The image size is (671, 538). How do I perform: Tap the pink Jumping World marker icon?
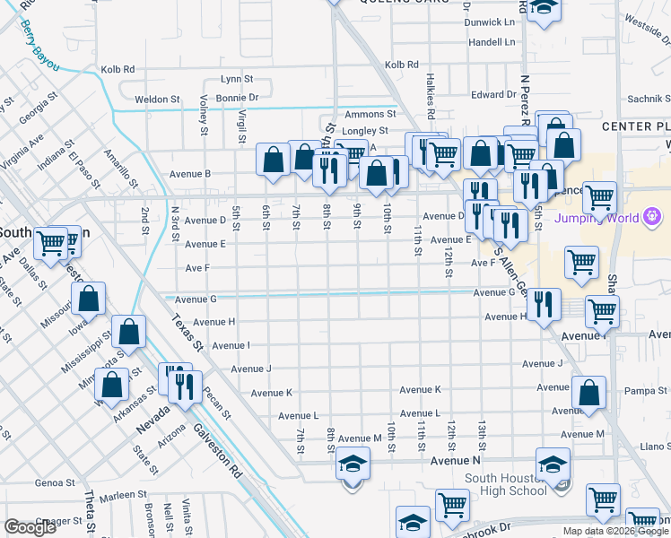652,216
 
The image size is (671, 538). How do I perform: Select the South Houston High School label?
513,484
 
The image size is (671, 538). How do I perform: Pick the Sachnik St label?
647,99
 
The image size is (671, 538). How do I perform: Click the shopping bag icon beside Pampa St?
588,393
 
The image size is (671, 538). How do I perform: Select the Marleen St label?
124,494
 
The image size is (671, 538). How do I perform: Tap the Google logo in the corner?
30,526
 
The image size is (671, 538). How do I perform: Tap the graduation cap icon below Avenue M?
353,464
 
